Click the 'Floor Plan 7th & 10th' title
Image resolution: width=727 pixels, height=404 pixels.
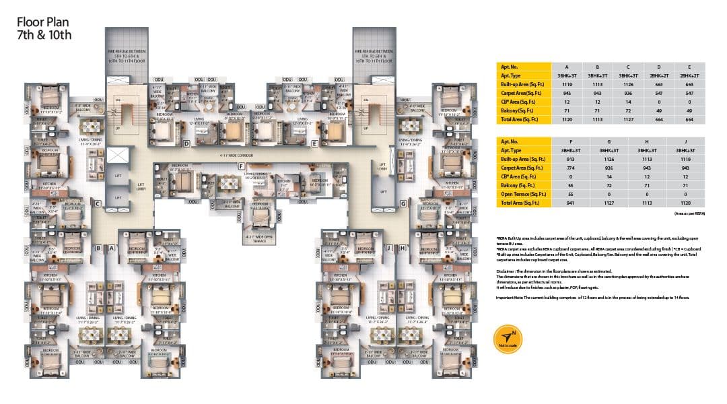click(x=44, y=29)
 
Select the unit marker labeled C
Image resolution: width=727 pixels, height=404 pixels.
click(x=98, y=203)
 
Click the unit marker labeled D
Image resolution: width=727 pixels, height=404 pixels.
click(x=186, y=143)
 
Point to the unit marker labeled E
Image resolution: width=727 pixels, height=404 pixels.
click(x=314, y=143)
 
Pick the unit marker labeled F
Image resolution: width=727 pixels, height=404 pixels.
click(x=239, y=166)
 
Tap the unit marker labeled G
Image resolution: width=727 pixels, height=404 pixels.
click(x=403, y=203)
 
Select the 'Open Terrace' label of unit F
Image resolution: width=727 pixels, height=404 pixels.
click(x=259, y=237)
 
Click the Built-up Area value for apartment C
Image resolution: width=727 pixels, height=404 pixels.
click(x=628, y=83)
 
